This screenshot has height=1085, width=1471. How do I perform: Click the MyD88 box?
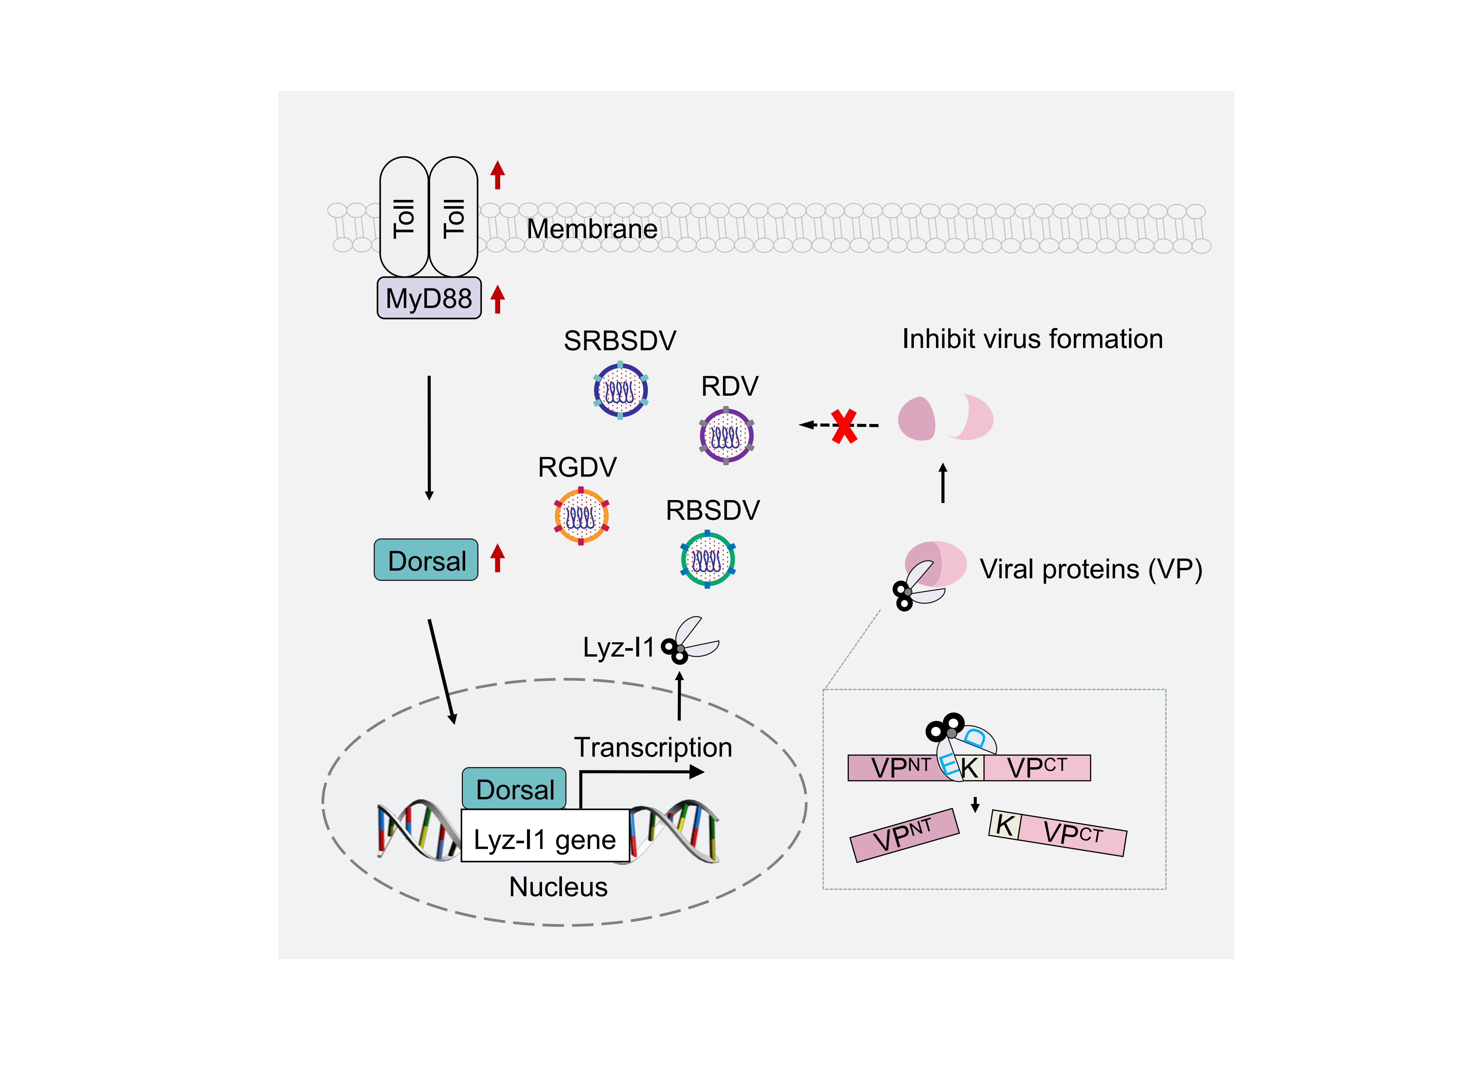(428, 298)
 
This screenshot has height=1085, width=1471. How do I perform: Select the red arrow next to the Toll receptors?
(498, 175)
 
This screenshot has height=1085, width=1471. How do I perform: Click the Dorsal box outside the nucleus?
(426, 560)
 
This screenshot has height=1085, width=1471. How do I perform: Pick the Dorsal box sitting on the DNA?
(514, 789)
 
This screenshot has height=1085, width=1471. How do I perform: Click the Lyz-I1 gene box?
(545, 839)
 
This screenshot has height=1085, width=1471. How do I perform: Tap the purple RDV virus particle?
(726, 435)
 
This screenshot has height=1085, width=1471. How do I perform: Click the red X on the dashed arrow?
(844, 425)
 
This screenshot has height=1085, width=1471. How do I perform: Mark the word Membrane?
(592, 229)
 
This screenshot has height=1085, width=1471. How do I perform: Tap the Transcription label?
(653, 747)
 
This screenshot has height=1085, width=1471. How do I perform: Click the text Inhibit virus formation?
(1032, 339)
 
